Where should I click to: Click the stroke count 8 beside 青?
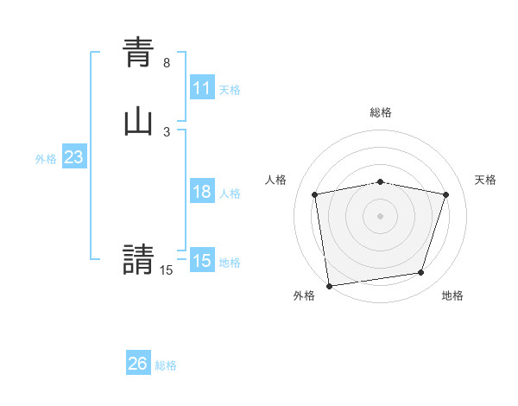pos(167,63)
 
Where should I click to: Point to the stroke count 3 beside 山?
pos(167,132)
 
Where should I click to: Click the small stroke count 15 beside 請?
pos(166,270)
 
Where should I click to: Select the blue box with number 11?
pos(202,88)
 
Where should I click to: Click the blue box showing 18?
pos(202,192)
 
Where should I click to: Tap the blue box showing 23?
pos(73,158)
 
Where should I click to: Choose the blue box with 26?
pos(138,364)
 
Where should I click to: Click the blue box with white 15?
pos(202,261)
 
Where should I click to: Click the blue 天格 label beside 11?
pos(230,90)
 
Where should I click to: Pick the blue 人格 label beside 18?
pos(230,193)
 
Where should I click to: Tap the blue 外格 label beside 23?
pos(46,159)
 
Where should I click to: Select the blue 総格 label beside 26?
pos(166,365)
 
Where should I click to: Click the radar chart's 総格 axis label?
pos(381,112)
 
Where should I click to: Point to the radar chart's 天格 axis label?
pos(485,180)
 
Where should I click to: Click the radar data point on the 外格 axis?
pos(329,285)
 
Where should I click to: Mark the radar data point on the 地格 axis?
pos(421,273)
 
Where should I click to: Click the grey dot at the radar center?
pos(381,215)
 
